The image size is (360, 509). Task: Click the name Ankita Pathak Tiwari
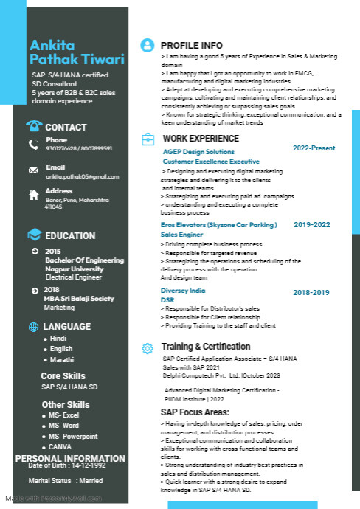(77, 52)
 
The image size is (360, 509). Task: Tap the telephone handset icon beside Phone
(33, 145)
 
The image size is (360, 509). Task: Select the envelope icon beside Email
(33, 170)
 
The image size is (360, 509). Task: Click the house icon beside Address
(33, 195)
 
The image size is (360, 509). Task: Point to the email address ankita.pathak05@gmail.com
(82, 177)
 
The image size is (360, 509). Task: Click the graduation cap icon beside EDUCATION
(34, 235)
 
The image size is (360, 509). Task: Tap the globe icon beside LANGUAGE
(33, 327)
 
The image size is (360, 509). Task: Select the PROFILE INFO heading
(191, 45)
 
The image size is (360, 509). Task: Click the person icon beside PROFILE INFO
(148, 45)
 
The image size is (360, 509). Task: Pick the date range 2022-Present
(314, 148)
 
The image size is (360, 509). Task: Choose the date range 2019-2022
(311, 224)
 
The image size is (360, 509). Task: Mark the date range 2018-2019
(311, 293)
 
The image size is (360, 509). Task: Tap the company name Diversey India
(183, 291)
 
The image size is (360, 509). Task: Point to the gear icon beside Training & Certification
(148, 347)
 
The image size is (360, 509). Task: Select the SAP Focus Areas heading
(195, 412)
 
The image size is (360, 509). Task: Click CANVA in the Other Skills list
(60, 446)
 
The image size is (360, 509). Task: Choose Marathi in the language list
(62, 359)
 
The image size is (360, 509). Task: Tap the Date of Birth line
(67, 465)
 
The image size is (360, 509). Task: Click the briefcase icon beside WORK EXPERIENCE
(148, 139)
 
